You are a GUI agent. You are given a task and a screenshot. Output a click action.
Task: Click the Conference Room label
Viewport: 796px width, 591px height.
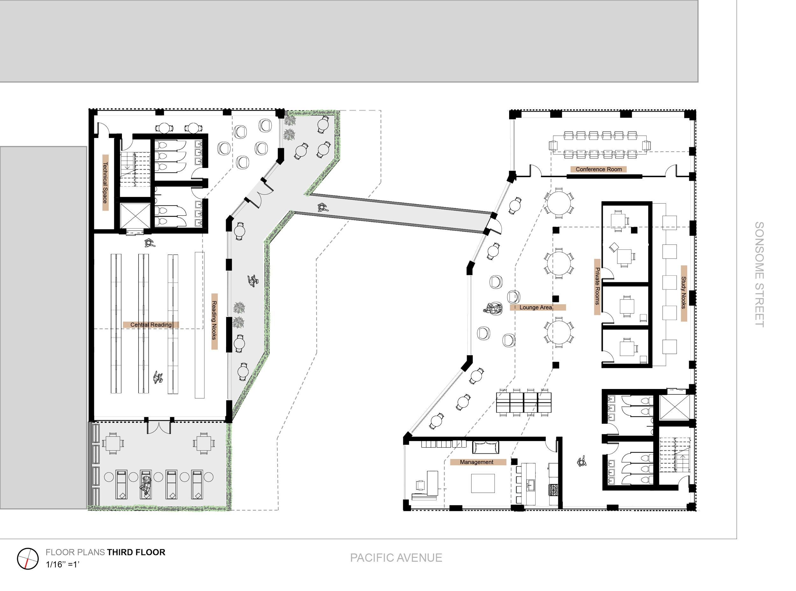[x=598, y=169]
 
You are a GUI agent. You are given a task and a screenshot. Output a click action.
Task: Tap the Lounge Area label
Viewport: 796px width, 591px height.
[x=536, y=307]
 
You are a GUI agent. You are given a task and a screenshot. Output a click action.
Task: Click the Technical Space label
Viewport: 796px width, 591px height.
[x=105, y=183]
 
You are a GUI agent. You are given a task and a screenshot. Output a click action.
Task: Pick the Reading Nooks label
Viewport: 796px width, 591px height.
[x=214, y=320]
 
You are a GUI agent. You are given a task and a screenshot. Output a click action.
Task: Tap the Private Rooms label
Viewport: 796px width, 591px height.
[x=597, y=286]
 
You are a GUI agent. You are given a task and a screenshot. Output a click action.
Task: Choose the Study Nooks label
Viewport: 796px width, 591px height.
[x=683, y=293]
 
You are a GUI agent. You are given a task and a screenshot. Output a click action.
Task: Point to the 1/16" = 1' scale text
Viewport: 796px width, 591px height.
[x=62, y=565]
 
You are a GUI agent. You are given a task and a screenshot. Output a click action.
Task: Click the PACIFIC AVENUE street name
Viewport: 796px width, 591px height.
[x=396, y=558]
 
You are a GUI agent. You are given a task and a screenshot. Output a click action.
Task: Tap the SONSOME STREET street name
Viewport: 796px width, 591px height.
[x=759, y=272]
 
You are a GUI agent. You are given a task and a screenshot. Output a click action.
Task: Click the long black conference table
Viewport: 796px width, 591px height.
[x=600, y=146]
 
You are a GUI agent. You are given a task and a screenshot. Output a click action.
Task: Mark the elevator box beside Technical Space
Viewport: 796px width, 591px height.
[x=135, y=215]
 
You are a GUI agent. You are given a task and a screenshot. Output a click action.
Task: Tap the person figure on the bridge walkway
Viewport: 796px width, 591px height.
[x=322, y=207]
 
